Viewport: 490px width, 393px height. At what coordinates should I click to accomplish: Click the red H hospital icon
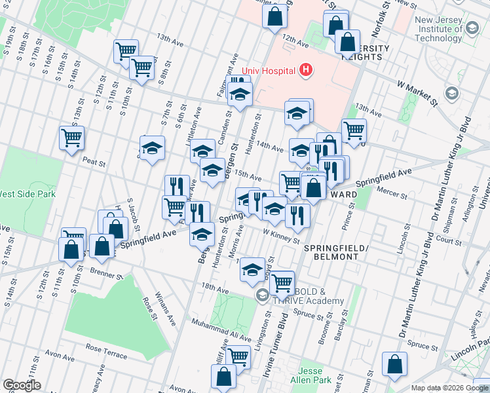click(305, 69)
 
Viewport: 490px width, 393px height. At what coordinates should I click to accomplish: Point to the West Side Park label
click(28, 194)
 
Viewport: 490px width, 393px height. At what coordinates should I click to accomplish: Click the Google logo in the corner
click(22, 385)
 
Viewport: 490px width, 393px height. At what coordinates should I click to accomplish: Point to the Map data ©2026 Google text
click(449, 388)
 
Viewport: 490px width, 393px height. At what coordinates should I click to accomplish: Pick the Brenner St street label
click(94, 269)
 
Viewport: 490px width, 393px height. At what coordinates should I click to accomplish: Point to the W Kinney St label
click(281, 236)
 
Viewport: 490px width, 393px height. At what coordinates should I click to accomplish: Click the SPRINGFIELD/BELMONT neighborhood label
click(331, 252)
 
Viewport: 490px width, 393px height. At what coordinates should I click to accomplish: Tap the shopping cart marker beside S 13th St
click(72, 138)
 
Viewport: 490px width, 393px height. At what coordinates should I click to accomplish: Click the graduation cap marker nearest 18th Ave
click(252, 269)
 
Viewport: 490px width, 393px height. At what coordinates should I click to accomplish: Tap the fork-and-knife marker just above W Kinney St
click(297, 215)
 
